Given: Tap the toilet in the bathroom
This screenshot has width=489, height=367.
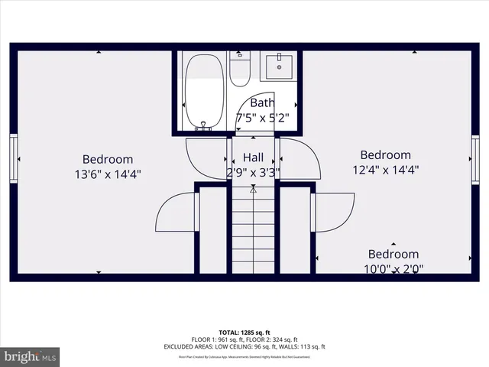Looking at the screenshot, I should click(x=239, y=70).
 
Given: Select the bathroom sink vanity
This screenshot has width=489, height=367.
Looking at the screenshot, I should click(x=278, y=67).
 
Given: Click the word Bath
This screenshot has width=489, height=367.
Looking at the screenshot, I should click(x=262, y=103).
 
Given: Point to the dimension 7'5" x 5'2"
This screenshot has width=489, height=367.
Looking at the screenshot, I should click(x=262, y=118).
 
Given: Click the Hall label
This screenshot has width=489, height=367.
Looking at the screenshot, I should click(x=254, y=158).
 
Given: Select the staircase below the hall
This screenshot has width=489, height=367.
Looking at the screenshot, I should click(x=254, y=229).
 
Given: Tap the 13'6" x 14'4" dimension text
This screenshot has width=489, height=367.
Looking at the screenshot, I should click(x=108, y=174).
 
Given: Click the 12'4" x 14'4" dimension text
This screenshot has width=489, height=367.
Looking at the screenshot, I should click(x=385, y=170).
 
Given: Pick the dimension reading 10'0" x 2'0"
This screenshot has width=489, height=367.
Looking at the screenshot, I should click(x=393, y=268).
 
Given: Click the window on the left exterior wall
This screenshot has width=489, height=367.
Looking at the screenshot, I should click(x=13, y=158).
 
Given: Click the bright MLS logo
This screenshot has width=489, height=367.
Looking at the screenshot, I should click(x=30, y=356).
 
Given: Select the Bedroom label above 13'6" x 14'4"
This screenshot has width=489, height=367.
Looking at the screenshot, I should click(x=108, y=159).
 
